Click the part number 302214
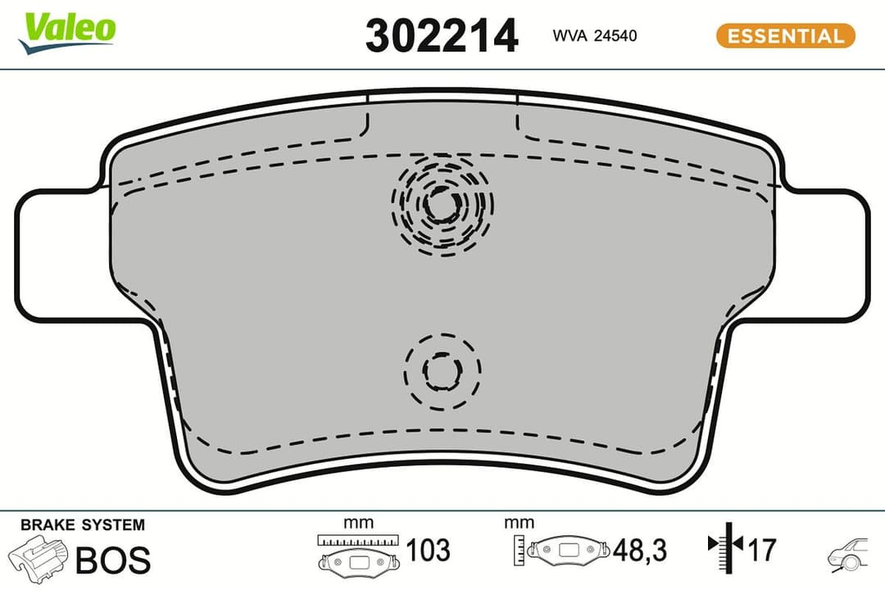[442, 36]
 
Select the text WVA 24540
[583, 36]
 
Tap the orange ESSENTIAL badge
[785, 36]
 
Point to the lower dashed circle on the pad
[443, 371]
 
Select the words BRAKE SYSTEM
[82, 525]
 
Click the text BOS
[113, 560]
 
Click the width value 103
[429, 551]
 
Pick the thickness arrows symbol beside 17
[724, 544]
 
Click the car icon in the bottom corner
[849, 555]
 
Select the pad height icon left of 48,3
[563, 549]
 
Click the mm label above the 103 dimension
[359, 523]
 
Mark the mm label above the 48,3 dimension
[520, 523]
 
